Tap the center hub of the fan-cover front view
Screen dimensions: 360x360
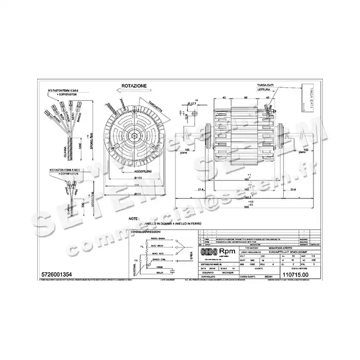tap(134, 134)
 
